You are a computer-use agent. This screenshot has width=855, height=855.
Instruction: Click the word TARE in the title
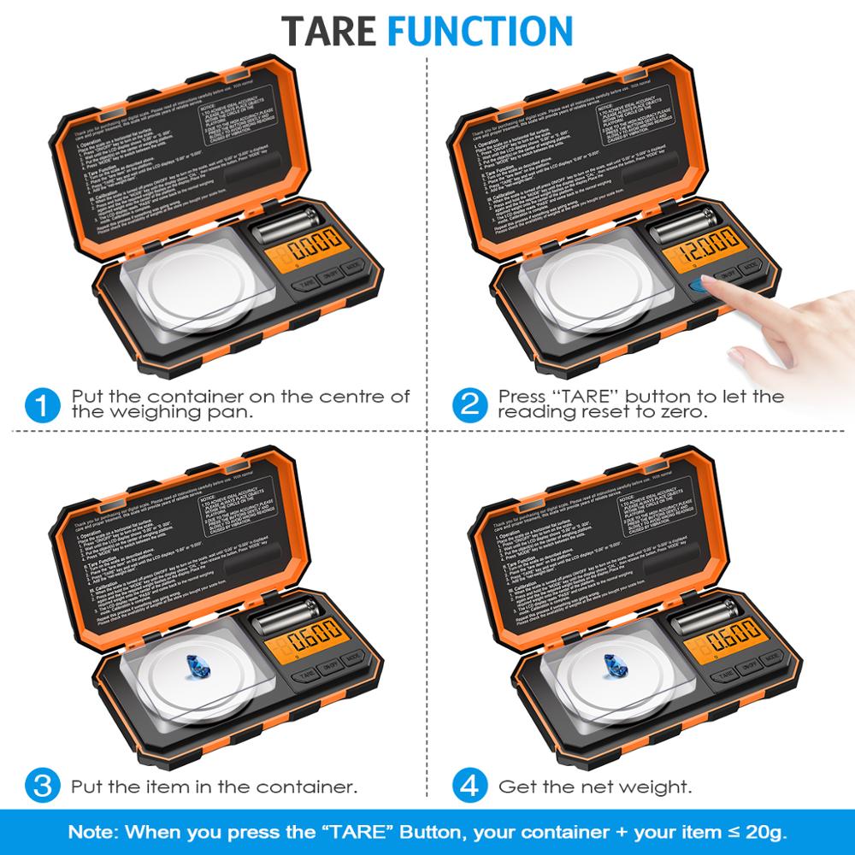[x=329, y=30]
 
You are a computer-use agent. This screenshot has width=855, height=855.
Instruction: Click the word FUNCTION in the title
[x=480, y=30]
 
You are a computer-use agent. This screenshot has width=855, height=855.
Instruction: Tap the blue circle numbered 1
[x=42, y=404]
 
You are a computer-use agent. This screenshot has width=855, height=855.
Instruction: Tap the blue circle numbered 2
[x=469, y=404]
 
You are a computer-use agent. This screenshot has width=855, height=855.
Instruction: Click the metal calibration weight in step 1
[x=286, y=228]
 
